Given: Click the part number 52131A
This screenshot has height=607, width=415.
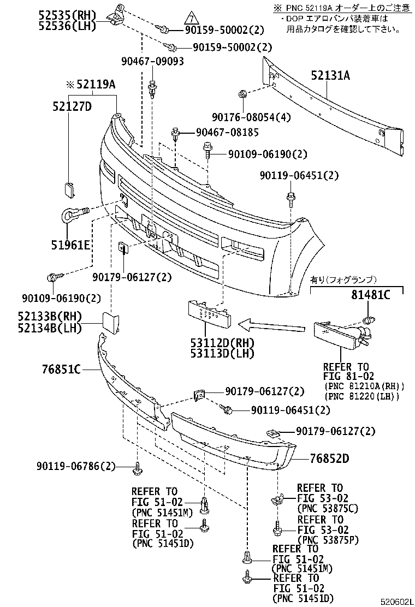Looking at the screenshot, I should click(x=330, y=76).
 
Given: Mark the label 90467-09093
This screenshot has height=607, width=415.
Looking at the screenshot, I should click(x=152, y=62).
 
